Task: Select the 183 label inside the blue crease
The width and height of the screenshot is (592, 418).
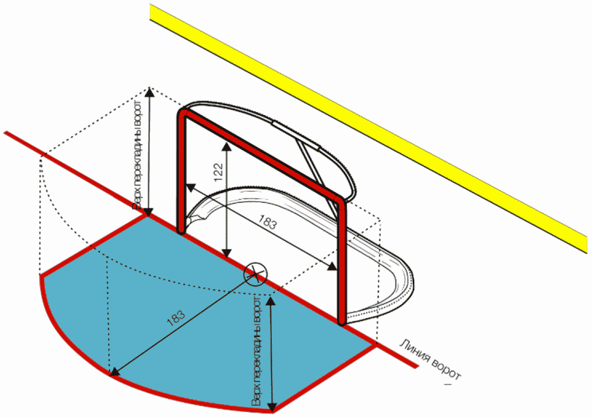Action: point(176,320)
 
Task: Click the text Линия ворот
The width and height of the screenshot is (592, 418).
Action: point(431,360)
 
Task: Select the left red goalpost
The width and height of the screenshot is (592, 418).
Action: point(181,174)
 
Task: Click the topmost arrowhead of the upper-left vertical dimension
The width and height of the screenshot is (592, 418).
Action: point(149,91)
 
